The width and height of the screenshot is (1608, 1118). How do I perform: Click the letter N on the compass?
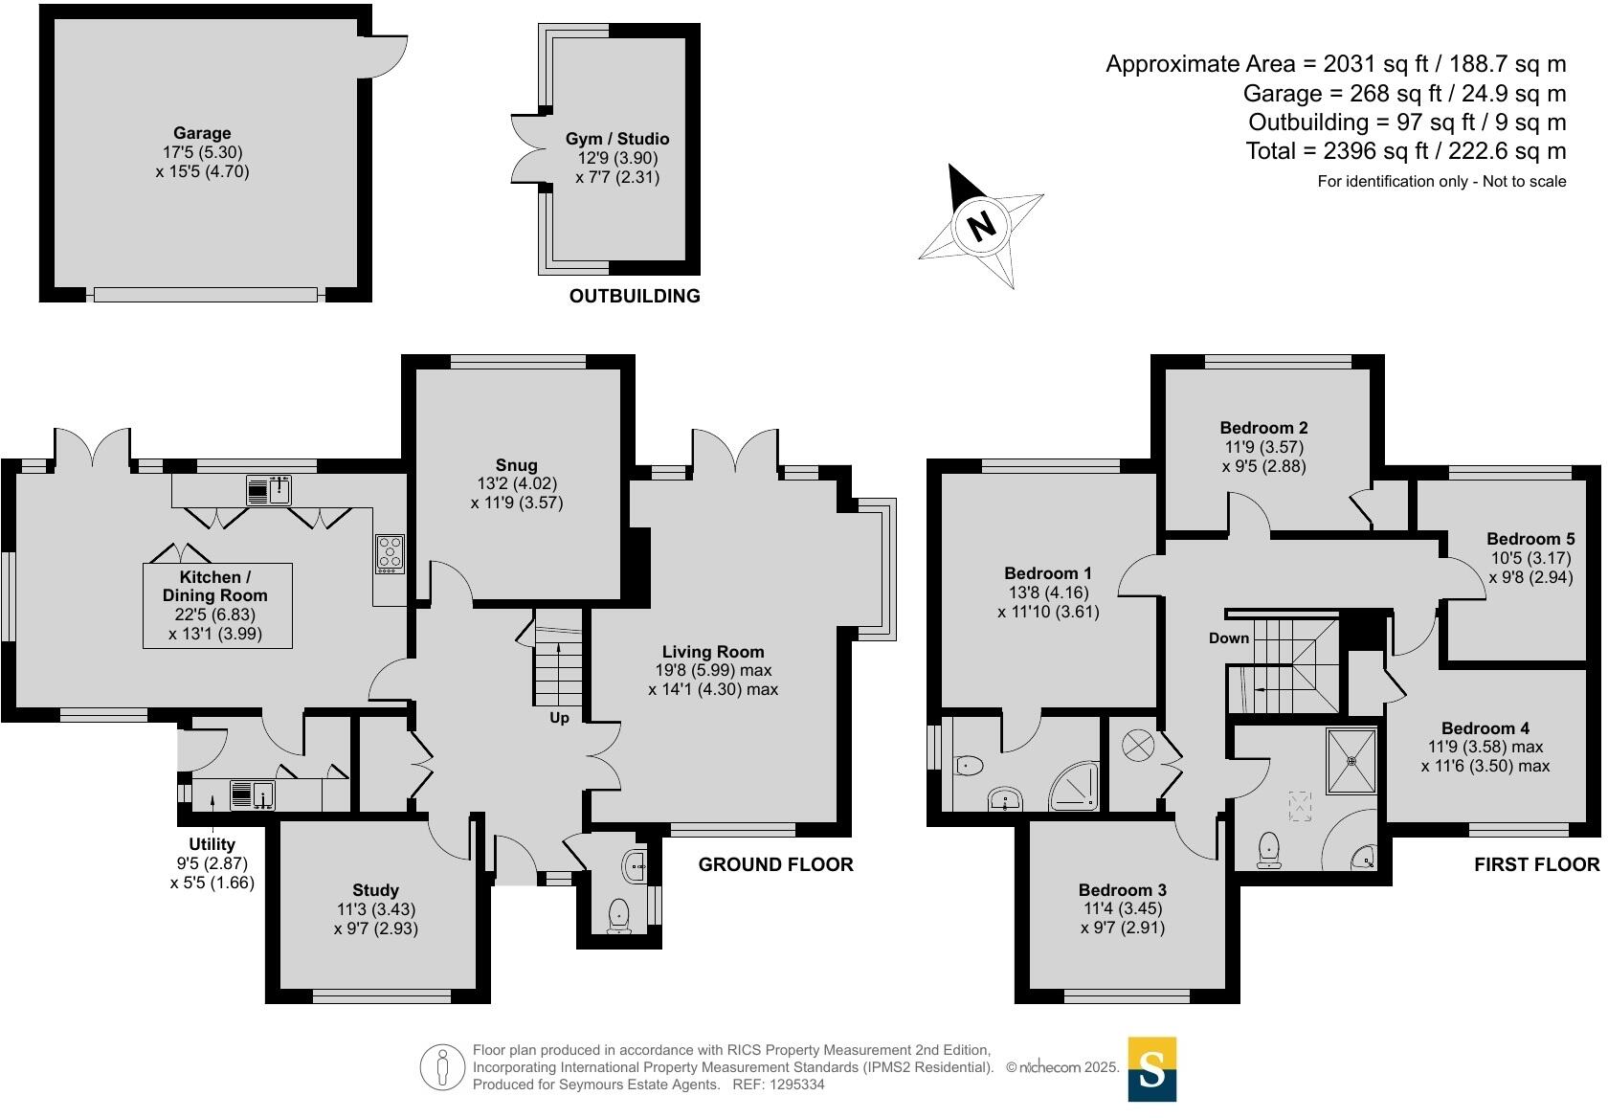tap(981, 226)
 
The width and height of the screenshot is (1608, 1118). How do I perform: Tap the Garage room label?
tap(202, 134)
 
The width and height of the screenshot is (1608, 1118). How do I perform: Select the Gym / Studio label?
tap(617, 139)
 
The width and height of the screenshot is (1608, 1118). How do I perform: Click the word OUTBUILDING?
tap(635, 296)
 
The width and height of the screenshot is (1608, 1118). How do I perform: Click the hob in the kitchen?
tap(390, 553)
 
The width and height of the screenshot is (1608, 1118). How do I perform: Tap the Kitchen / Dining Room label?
tap(216, 586)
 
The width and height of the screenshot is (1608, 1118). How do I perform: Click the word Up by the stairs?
tap(559, 717)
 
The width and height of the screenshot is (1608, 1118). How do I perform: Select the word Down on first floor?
tap(1229, 638)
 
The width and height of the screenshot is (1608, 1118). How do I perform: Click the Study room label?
tap(375, 890)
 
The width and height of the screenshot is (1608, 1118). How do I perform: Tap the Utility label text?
tap(212, 844)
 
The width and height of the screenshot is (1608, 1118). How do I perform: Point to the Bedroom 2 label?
tap(1263, 428)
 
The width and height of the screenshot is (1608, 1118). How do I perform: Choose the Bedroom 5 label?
tap(1530, 539)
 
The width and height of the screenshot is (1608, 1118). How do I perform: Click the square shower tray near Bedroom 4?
tap(1352, 761)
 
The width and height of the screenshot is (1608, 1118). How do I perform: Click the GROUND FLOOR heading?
tap(775, 864)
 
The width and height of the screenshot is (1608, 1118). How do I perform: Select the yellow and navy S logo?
tap(1152, 1069)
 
